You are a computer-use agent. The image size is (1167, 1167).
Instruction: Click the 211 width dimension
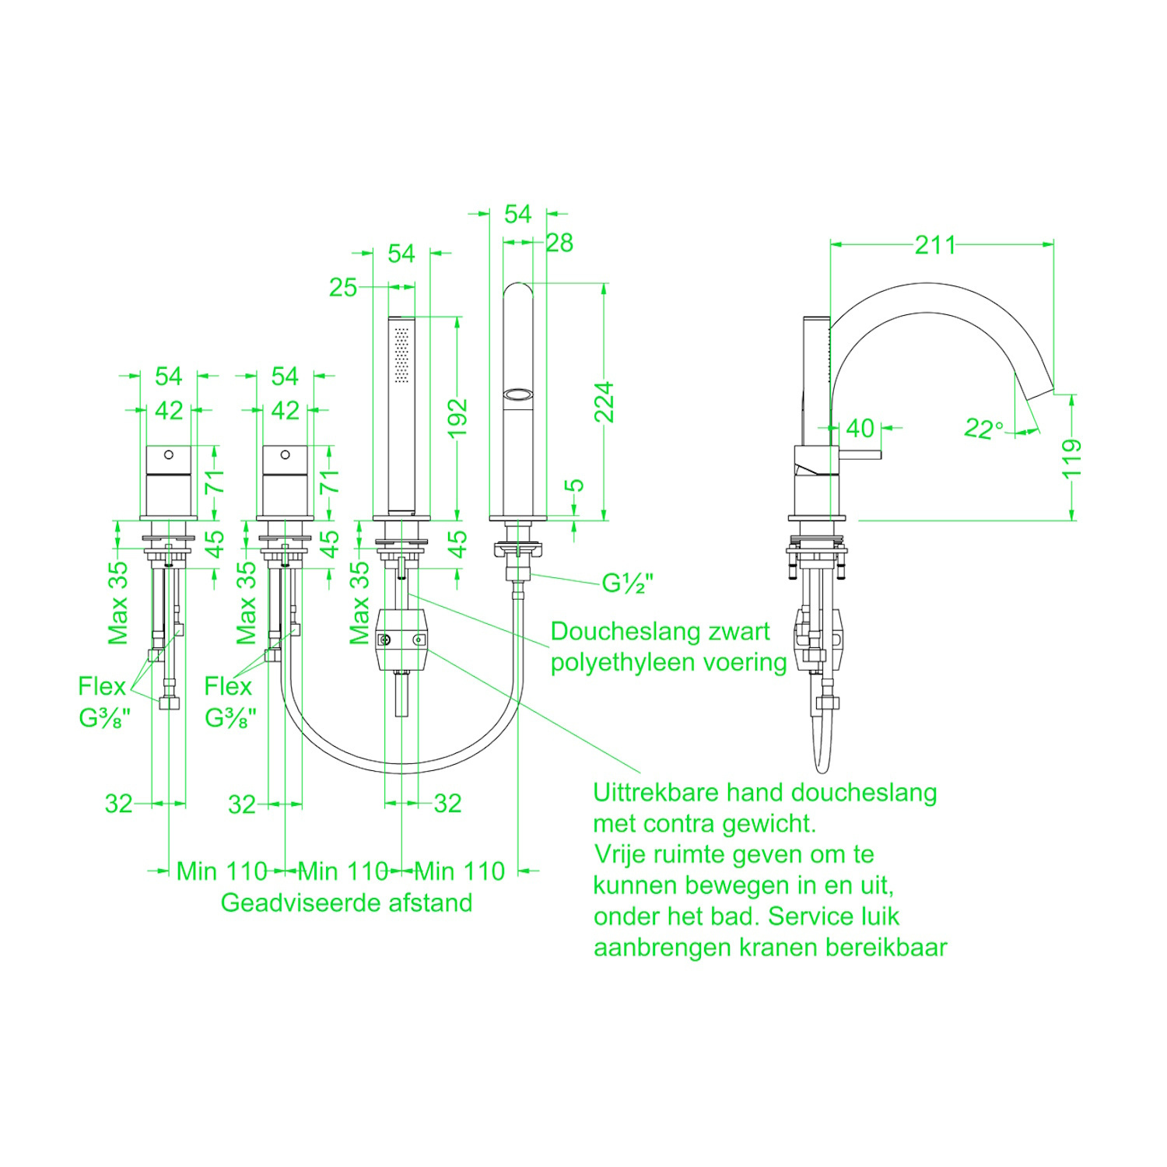pos(934,245)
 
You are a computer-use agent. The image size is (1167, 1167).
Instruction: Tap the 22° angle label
pos(983,428)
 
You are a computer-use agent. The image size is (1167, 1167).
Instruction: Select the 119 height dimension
pos(1072,458)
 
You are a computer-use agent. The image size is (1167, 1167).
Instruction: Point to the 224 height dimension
pos(605,402)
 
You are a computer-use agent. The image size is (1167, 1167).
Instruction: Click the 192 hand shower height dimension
pos(457,418)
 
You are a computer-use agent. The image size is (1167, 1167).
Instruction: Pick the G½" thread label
pos(627,583)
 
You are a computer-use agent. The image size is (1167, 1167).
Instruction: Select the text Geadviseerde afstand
pos(346,902)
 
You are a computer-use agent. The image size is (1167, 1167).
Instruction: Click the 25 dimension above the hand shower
pos(342,287)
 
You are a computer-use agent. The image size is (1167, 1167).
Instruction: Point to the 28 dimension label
pos(559,244)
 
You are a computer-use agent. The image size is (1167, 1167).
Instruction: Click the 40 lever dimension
pos(860,428)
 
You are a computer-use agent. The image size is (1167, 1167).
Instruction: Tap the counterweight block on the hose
pos(401,640)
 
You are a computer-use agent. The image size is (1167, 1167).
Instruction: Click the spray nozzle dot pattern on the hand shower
pos(401,355)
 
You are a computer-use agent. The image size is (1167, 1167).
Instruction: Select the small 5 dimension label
pos(574,485)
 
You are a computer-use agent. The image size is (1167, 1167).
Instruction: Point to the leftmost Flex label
pos(101,686)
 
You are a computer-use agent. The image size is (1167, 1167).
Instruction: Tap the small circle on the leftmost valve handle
pos(168,454)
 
